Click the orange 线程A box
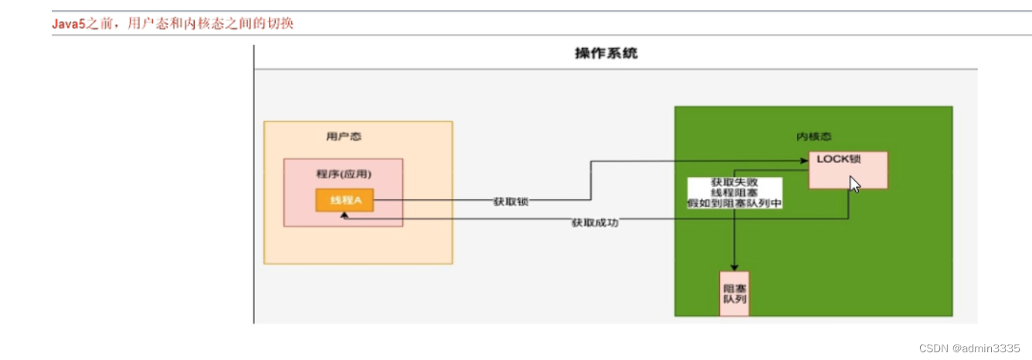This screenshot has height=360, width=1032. click(345, 201)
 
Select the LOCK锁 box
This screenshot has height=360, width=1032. click(847, 169)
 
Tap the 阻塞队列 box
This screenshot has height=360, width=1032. click(734, 294)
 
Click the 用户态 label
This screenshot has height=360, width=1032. click(344, 137)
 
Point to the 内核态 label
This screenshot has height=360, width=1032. click(813, 136)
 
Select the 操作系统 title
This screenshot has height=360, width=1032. click(606, 53)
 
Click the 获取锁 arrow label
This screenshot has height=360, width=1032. click(511, 202)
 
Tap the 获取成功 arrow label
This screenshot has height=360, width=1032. click(595, 223)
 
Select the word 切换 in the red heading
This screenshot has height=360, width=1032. click(283, 24)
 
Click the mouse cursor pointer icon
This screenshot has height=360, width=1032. click(854, 185)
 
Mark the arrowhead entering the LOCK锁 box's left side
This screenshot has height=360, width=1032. click(803, 161)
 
